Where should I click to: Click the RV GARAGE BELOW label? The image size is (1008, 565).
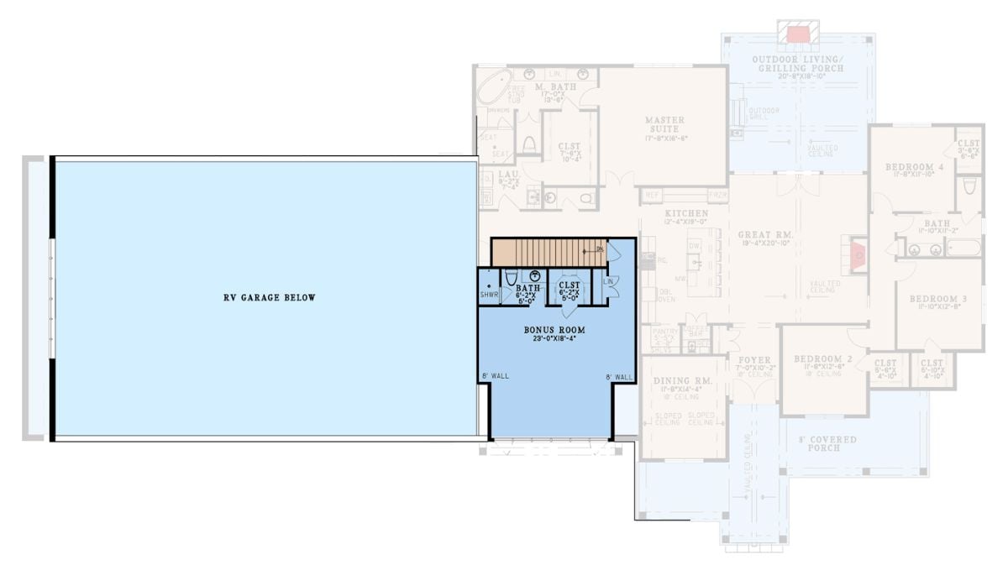coord(270,297)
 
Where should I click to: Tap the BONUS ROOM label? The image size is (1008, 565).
coord(554,330)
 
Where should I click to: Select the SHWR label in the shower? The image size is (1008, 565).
coord(489,295)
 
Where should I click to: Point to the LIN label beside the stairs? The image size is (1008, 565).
coord(609,280)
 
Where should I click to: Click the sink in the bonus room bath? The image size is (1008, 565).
coord(534,275)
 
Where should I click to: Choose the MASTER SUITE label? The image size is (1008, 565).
coord(664,124)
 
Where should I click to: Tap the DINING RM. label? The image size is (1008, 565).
coord(682,380)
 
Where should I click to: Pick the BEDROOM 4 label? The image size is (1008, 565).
coord(914,167)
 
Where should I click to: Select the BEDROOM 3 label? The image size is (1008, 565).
coord(937,299)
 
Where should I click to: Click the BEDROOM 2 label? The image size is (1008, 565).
coord(823,358)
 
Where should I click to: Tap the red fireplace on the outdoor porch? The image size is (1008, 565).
coord(795,33)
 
